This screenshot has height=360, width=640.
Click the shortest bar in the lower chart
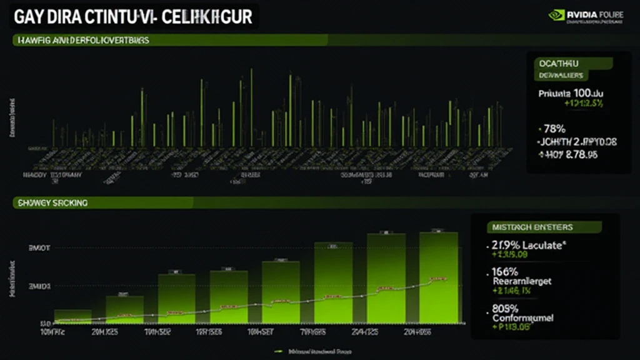click(x=73, y=316)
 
